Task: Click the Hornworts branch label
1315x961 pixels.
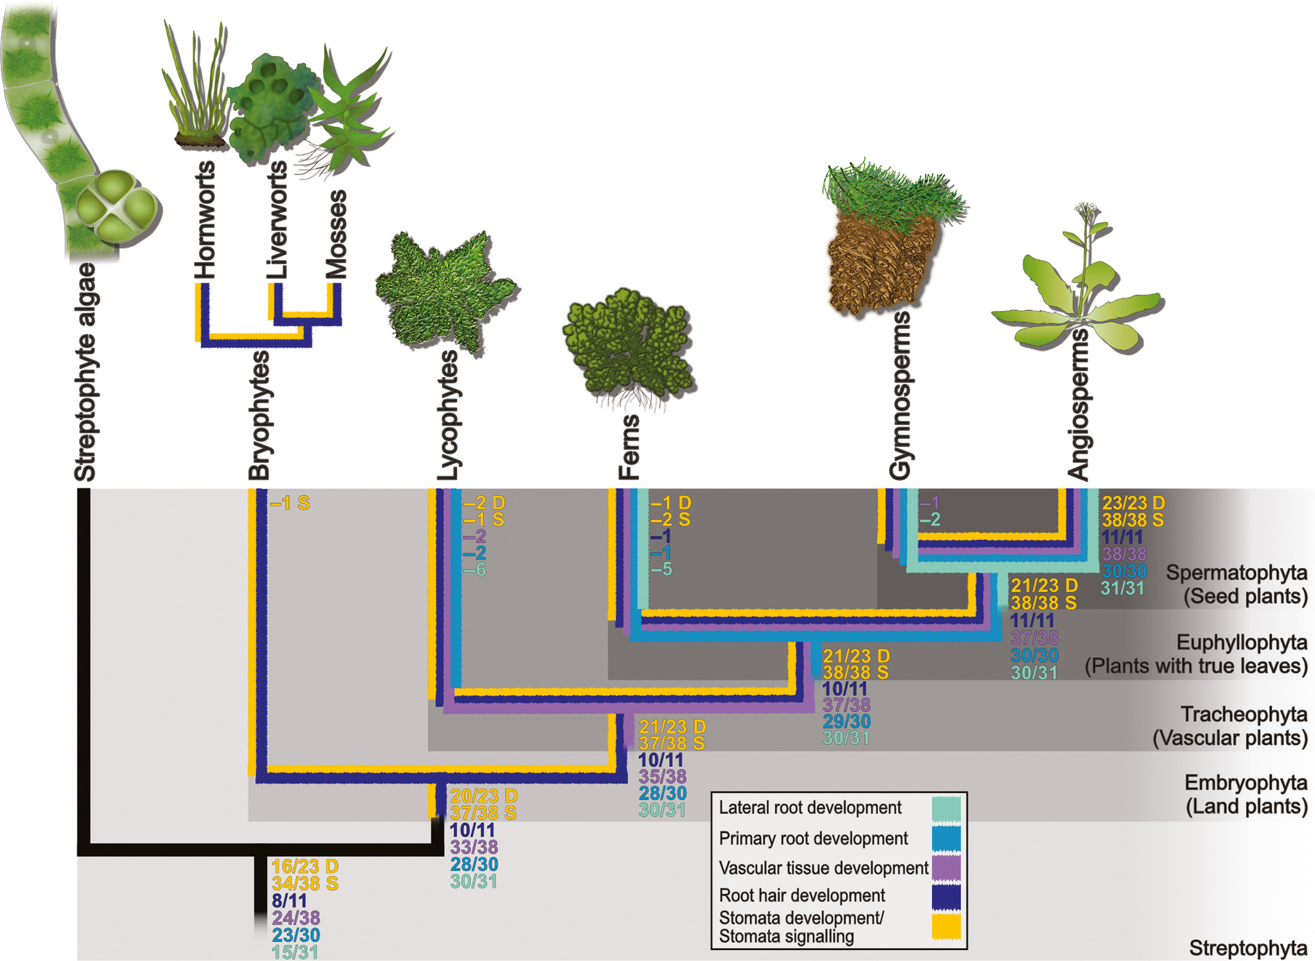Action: click(205, 219)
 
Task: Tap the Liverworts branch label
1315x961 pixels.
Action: click(277, 219)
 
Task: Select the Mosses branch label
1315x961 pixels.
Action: click(337, 234)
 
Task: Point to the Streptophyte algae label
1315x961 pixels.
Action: click(85, 372)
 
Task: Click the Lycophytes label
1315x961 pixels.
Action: click(447, 415)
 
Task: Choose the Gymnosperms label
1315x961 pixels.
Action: click(900, 396)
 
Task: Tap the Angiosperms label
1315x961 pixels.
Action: click(1078, 405)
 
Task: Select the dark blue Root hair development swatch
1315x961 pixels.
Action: click(946, 897)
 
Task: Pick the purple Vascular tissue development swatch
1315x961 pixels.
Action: click(946, 868)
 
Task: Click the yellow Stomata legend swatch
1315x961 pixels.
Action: click(946, 926)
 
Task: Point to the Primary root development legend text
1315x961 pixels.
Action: click(813, 839)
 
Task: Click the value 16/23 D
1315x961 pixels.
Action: click(305, 866)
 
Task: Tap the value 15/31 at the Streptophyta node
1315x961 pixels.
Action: click(295, 952)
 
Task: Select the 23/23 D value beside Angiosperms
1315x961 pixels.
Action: click(1133, 502)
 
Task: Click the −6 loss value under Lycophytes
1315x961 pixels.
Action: click(475, 570)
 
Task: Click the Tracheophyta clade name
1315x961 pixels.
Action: click(1244, 714)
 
